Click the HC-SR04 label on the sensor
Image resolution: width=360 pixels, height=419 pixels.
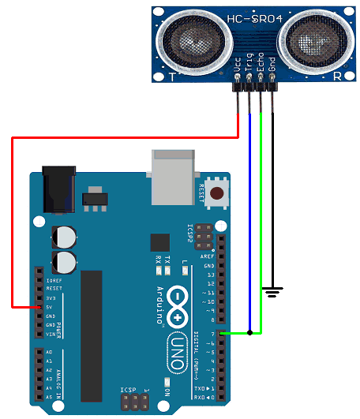pos(253,17)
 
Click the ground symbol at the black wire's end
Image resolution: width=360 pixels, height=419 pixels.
pos(272,293)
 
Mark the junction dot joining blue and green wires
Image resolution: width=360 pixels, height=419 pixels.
pos(249,333)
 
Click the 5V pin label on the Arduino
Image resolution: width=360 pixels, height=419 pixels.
pos(51,308)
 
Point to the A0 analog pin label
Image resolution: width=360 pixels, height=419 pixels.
pos(50,352)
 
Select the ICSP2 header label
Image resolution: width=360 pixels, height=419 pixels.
pos(190,236)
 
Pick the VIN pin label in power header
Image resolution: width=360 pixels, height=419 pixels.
pos(51,334)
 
